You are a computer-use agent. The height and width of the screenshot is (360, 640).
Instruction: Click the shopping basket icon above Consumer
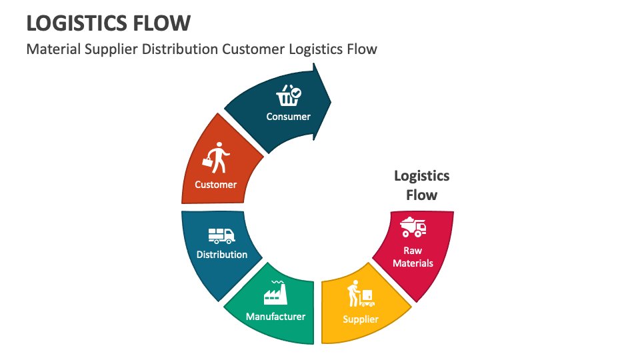click(x=289, y=96)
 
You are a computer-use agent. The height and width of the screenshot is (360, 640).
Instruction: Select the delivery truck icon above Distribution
click(x=221, y=235)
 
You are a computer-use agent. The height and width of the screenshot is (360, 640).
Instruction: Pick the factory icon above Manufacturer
click(x=275, y=293)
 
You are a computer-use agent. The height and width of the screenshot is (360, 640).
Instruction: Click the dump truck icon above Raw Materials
click(x=413, y=227)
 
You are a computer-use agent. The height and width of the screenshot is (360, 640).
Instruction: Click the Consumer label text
click(x=289, y=117)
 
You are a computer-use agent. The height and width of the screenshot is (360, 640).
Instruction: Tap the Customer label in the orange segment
click(x=215, y=185)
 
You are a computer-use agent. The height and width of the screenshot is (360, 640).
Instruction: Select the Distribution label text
click(x=222, y=255)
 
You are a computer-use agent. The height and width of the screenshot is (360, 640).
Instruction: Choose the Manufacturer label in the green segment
click(x=275, y=317)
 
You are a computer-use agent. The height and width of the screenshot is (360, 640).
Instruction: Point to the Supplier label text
click(x=361, y=319)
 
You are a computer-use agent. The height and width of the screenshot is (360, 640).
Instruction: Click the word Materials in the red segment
click(x=413, y=263)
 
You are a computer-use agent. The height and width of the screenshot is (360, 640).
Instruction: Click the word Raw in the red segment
click(x=413, y=251)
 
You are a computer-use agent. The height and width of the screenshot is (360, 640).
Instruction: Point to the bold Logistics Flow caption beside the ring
click(x=422, y=185)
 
